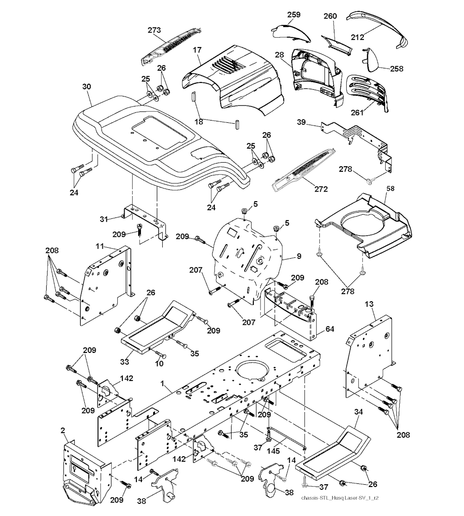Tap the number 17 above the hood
coord(197,50)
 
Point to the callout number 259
coord(294,15)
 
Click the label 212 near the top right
coord(358,37)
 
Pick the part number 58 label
coord(390,187)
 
